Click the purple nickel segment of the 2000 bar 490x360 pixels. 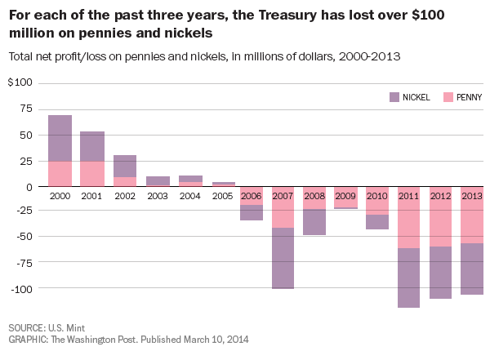60,138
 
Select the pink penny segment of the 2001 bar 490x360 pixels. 92,173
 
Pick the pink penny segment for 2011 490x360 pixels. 410,217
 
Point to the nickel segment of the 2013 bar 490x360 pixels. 471,269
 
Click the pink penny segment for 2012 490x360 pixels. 442,216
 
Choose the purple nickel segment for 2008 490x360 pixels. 314,222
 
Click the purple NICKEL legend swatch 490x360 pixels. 394,97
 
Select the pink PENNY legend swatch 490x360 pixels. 448,97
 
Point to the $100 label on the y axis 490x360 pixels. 20,82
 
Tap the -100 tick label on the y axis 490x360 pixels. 20,289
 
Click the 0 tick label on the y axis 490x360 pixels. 29,186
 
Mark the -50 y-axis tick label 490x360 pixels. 22,238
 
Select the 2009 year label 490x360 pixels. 346,196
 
